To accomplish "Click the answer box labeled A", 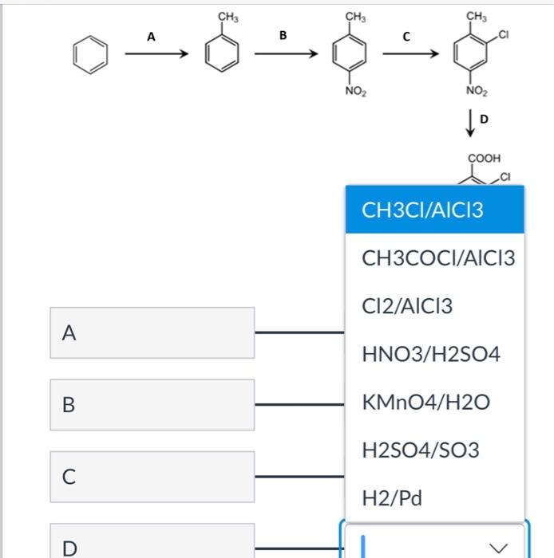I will pos(152,332).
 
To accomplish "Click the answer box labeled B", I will pos(152,404).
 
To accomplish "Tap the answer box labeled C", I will pos(152,476).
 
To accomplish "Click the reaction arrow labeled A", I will pos(156,54).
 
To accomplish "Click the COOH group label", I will pos(485,159).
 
